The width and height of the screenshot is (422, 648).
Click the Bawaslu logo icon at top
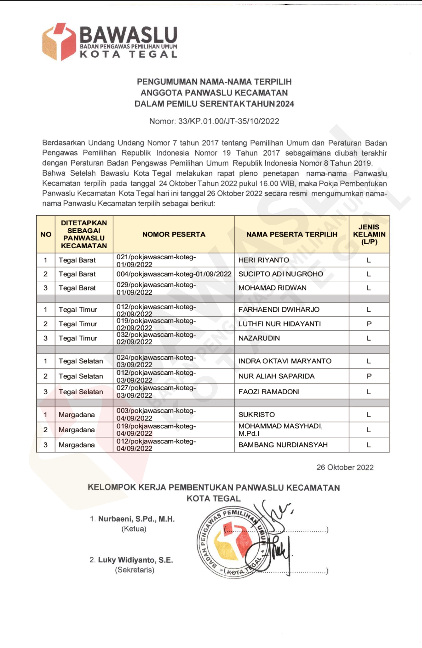[x=59, y=42]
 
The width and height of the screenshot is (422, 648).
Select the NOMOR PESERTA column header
[x=174, y=234]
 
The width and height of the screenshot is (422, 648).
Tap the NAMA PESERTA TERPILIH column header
[x=292, y=234]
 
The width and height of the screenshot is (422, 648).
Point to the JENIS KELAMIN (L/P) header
[x=369, y=234]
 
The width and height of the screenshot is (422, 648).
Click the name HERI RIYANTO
[x=264, y=260]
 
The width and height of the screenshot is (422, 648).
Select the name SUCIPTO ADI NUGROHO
[x=281, y=274]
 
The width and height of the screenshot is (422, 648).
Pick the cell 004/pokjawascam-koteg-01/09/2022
[x=174, y=274]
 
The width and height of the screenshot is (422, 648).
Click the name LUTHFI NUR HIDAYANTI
[x=279, y=324]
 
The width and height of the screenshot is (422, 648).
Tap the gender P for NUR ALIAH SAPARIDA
[x=369, y=376]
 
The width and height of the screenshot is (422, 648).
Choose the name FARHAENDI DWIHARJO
[x=279, y=310]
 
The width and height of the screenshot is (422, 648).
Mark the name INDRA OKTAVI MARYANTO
[x=285, y=361]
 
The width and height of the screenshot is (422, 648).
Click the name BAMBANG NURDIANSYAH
[x=283, y=445]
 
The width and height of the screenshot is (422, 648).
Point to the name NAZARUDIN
[x=259, y=338]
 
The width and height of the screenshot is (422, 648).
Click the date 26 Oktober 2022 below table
[x=345, y=467]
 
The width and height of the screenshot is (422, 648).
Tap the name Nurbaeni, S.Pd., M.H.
[x=136, y=519]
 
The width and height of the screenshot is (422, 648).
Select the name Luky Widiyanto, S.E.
[x=135, y=560]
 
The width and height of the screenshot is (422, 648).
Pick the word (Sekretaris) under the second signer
[x=135, y=570]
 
